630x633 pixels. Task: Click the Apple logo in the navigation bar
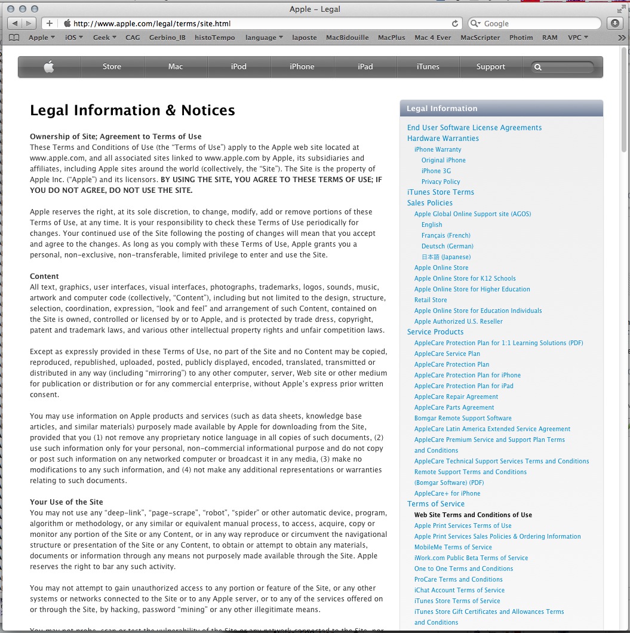point(49,67)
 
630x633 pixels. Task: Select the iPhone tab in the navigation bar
point(302,67)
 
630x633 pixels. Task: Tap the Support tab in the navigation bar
point(490,67)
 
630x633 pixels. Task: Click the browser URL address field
point(257,24)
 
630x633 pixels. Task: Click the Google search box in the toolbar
point(537,24)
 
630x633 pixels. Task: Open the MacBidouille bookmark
point(347,38)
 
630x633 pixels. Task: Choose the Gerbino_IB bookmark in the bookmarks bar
point(167,38)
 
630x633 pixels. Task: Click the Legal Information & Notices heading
point(133,110)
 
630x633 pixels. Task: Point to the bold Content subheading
point(44,276)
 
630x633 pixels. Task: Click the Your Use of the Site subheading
point(66,502)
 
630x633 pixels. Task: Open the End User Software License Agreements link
point(474,128)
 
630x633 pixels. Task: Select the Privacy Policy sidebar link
point(441,182)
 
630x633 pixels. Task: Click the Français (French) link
point(445,235)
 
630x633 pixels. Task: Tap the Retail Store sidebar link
point(431,300)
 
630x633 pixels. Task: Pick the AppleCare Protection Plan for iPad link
point(463,386)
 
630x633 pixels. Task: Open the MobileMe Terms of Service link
point(453,547)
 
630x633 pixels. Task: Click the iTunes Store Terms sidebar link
point(440,192)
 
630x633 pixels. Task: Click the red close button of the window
point(11,9)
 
